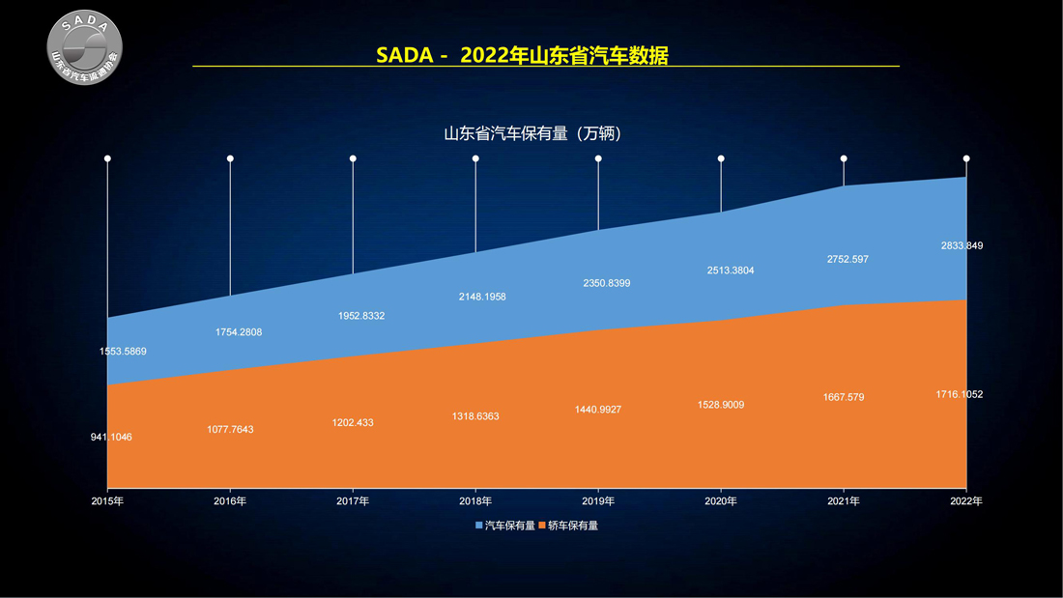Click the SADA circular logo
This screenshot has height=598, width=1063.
click(x=84, y=47)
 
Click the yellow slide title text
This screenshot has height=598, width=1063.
click(x=522, y=55)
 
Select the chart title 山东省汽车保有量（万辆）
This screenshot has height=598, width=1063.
click(x=532, y=133)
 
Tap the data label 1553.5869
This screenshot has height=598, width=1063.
click(x=123, y=352)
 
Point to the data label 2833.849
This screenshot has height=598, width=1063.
click(x=962, y=245)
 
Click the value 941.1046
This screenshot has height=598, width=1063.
click(x=111, y=438)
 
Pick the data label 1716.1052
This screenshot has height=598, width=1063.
click(x=960, y=394)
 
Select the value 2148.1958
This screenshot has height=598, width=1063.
click(x=482, y=297)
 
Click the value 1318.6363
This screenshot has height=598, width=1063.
click(x=475, y=416)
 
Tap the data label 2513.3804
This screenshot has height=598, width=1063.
click(x=731, y=271)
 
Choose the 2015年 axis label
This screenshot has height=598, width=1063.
click(x=108, y=501)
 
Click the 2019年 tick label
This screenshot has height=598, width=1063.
click(x=598, y=501)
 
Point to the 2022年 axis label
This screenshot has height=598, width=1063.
click(x=966, y=501)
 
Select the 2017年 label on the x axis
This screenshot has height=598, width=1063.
click(x=353, y=501)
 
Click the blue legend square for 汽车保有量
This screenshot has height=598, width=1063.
click(x=478, y=526)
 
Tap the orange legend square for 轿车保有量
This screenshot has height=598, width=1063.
click(x=542, y=526)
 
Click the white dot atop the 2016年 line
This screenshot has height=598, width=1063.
click(x=231, y=158)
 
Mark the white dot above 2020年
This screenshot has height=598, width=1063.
click(x=721, y=158)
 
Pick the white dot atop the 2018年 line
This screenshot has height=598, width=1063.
click(x=475, y=158)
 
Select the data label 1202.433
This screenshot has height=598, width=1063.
click(x=353, y=423)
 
